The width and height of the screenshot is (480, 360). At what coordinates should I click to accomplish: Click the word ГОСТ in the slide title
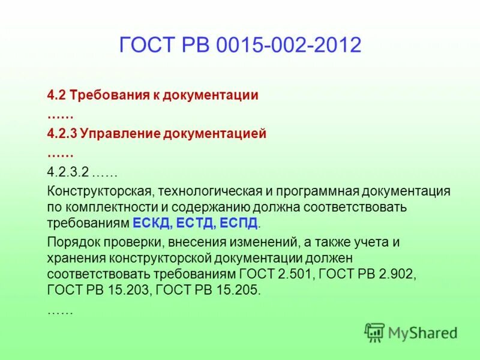pyautogui.click(x=145, y=46)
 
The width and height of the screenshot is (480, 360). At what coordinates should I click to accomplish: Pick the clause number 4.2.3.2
pyautogui.click(x=68, y=172)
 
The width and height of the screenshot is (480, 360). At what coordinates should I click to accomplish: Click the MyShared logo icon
pyautogui.click(x=374, y=332)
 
